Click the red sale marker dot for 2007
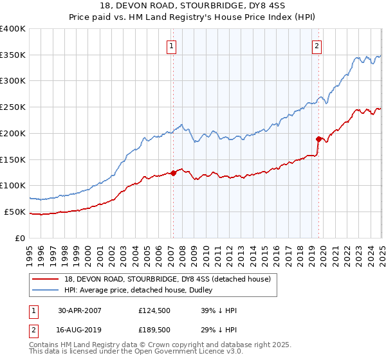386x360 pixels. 173,173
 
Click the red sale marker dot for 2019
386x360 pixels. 318,139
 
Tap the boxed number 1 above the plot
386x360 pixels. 172,46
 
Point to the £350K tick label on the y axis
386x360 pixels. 13,55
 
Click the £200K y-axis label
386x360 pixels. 13,134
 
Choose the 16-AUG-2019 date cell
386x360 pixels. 80,329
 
